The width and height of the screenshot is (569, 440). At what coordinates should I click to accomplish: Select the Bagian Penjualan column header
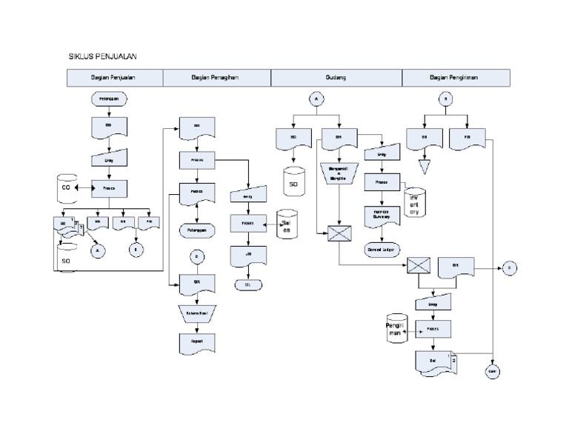click(114, 77)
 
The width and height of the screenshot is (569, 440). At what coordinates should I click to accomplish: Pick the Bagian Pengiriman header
click(456, 77)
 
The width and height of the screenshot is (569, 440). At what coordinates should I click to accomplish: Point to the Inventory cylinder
click(414, 202)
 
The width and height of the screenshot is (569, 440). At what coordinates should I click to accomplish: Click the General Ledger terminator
click(381, 250)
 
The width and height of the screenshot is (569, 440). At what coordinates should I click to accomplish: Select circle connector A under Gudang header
click(315, 99)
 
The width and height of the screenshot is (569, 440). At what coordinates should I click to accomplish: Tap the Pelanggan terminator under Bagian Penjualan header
click(109, 99)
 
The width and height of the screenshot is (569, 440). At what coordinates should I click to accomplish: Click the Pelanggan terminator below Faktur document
click(196, 230)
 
